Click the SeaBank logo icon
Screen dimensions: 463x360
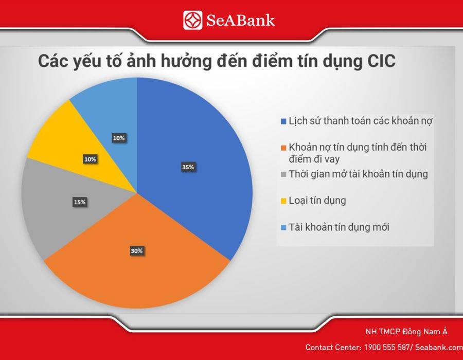pos(192,20)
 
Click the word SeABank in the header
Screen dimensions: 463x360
pos(240,21)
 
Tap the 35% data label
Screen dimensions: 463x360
pos(188,167)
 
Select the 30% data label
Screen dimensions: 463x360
pos(137,251)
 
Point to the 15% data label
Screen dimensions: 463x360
pos(80,202)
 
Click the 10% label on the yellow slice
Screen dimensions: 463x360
pos(90,159)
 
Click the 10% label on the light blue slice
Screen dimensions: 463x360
pos(119,138)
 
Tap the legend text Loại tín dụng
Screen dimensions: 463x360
pos(317,201)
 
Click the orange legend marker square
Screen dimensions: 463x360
pos(284,148)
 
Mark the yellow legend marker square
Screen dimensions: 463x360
pos(284,201)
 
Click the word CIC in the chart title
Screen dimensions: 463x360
pos(381,61)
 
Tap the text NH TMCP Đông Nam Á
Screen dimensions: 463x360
pos(406,332)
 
